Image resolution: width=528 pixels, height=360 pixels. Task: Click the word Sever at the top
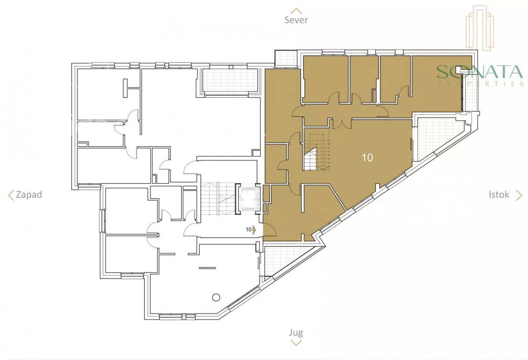(296, 20)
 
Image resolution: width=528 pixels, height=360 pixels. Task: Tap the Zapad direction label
(29, 195)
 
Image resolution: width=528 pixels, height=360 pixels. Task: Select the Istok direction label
(499, 195)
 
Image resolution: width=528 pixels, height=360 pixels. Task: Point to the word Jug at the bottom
(296, 333)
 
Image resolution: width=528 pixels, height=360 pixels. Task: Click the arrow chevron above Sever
(296, 11)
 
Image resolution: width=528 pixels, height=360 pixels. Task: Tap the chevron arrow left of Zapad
(11, 195)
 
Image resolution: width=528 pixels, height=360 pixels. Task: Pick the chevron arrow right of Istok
(519, 195)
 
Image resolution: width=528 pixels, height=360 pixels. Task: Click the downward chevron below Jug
(296, 343)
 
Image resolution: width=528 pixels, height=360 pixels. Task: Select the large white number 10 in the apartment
(367, 158)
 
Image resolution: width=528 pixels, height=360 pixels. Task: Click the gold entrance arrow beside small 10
(254, 230)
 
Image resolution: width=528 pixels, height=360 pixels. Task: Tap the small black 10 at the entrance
(249, 230)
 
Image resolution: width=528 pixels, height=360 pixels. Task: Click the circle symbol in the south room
(216, 298)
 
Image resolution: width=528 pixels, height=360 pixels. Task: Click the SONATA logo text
(480, 72)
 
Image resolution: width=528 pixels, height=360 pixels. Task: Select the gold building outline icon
(480, 28)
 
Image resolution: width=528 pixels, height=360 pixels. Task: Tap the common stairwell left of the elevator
(218, 198)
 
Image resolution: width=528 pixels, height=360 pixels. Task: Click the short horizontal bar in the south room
(207, 268)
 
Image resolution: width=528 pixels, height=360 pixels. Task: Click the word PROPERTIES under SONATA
(480, 84)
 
